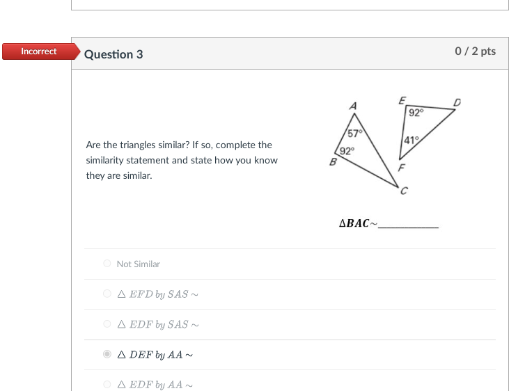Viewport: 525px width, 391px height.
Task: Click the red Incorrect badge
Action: coord(39,51)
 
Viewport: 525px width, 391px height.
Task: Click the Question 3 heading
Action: coord(113,54)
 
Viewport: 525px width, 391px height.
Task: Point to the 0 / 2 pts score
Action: coord(475,51)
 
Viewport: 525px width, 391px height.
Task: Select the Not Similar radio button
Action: coord(107,264)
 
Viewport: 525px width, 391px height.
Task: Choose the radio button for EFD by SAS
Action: coord(107,294)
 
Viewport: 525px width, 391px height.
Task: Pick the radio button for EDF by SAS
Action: coord(107,324)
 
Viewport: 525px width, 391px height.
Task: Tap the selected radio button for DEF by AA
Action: coord(107,355)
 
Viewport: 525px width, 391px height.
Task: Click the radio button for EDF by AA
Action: coord(107,385)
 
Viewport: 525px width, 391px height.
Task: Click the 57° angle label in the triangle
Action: coord(354,134)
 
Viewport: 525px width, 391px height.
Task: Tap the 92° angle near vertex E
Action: coord(416,112)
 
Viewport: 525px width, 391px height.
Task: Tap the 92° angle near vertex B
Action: coord(347,150)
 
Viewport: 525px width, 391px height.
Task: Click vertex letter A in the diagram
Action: coord(353,106)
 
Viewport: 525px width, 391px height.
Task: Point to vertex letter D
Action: coord(457,103)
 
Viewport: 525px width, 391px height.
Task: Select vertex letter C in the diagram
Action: coord(404,191)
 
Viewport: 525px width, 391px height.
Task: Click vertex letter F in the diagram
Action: coord(401,168)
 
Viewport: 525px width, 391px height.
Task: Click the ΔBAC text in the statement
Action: coord(354,224)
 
